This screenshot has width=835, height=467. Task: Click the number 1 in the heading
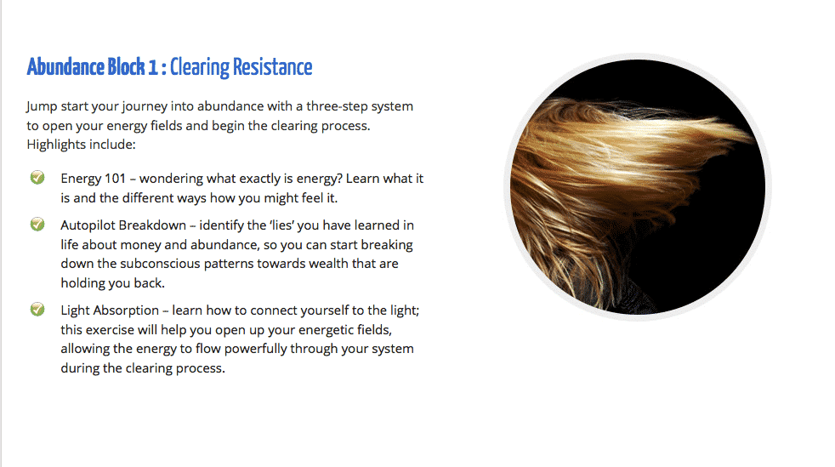pyautogui.click(x=153, y=68)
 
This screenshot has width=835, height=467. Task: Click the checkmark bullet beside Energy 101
pyautogui.click(x=37, y=177)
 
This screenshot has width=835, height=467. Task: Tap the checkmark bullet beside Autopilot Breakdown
pyautogui.click(x=37, y=225)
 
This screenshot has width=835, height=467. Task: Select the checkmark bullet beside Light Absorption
pyautogui.click(x=37, y=309)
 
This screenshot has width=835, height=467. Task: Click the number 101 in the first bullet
pyautogui.click(x=114, y=179)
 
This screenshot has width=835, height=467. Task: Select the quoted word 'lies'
pyautogui.click(x=281, y=225)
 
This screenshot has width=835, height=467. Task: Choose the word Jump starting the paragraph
pyautogui.click(x=42, y=106)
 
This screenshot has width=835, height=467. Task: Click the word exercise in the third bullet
pyautogui.click(x=111, y=330)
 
